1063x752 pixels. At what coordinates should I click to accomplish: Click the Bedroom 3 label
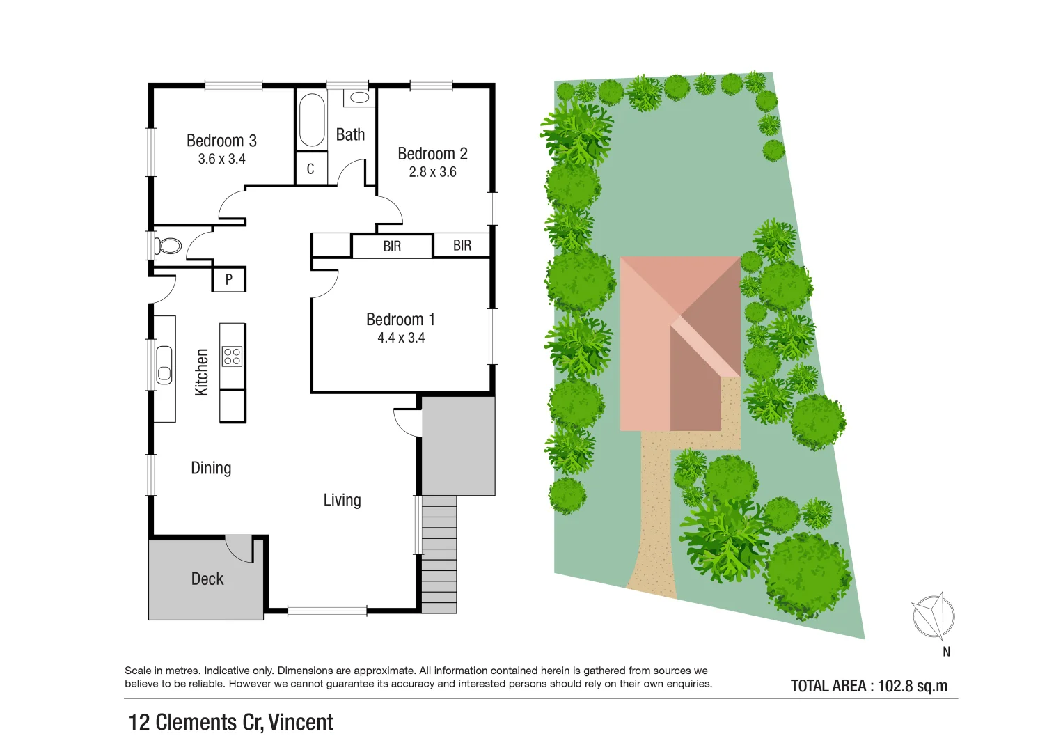(221, 141)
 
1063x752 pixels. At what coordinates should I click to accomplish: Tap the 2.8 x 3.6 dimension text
(432, 172)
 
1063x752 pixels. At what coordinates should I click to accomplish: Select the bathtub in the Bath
(312, 120)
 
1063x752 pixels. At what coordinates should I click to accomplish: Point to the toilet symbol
(168, 246)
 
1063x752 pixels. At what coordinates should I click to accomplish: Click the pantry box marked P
(229, 280)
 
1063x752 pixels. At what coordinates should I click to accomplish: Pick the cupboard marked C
(310, 169)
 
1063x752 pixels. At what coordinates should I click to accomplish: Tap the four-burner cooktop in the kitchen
(232, 357)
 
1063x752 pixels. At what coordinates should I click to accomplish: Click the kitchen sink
(164, 364)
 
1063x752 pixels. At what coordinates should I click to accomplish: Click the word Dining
(211, 468)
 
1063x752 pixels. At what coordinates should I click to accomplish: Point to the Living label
(342, 500)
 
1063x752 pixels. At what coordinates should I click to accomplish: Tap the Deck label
(207, 579)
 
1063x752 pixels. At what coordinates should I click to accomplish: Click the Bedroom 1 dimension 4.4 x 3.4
(401, 338)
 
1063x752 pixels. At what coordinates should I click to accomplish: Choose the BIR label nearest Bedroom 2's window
(462, 245)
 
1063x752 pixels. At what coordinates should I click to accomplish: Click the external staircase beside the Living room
(439, 554)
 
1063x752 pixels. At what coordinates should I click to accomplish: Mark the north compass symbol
(934, 616)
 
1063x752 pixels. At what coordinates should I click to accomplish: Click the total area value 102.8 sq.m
(912, 686)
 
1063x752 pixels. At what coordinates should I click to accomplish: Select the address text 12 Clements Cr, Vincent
(231, 722)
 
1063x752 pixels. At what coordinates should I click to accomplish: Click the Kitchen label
(202, 373)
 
